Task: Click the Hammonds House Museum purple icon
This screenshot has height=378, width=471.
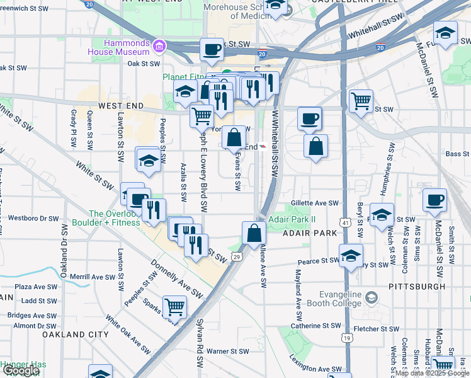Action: click(159, 47)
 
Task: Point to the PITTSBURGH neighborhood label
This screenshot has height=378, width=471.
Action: click(417, 286)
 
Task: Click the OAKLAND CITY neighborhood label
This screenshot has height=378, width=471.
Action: click(72, 335)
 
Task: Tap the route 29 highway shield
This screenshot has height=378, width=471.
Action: click(236, 256)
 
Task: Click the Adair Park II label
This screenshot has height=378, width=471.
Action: click(292, 220)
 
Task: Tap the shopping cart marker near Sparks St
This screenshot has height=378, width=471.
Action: click(174, 306)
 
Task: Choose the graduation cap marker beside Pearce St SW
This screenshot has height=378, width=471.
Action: click(351, 255)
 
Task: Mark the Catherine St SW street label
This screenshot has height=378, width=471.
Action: click(315, 326)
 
